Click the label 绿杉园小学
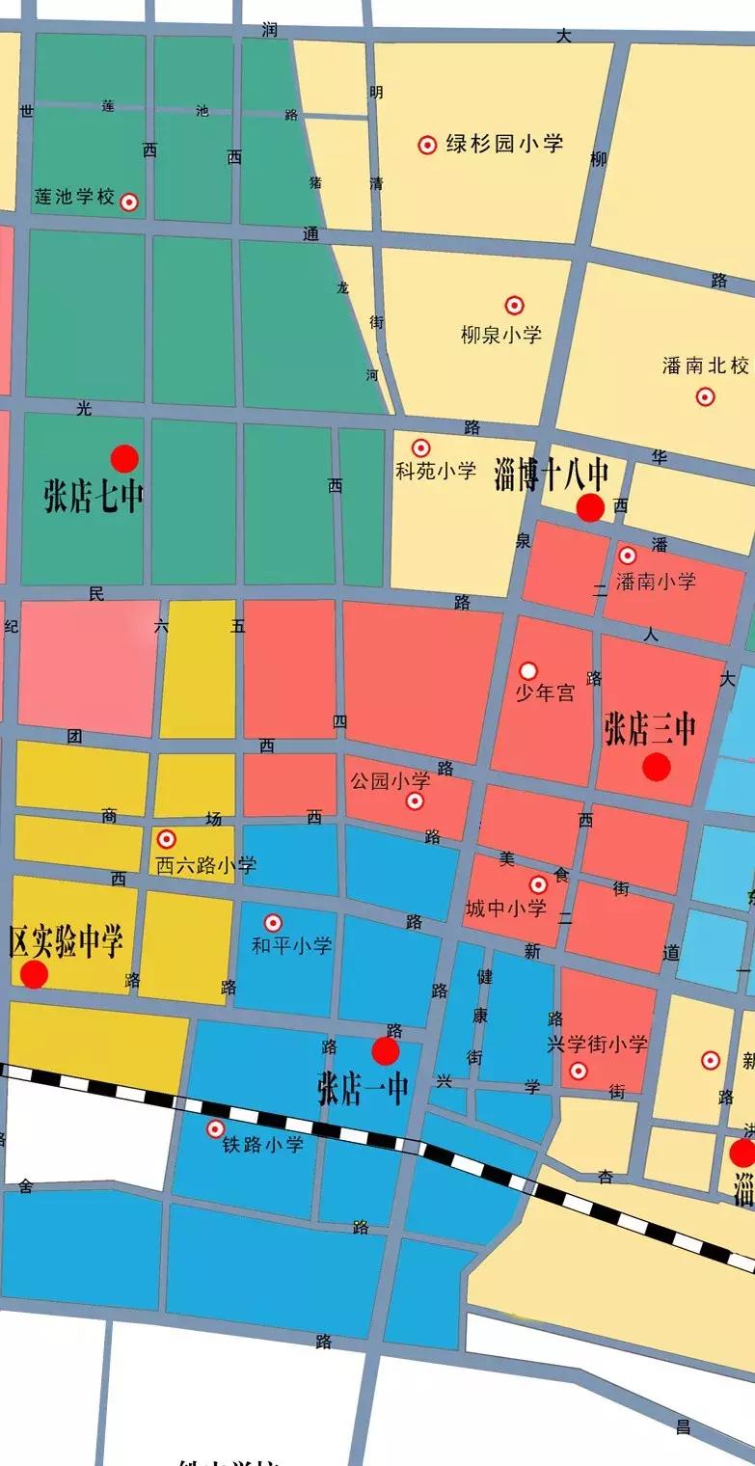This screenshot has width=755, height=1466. coord(504,145)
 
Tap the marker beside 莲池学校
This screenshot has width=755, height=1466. coord(128,202)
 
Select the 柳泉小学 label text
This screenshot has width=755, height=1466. coord(500,335)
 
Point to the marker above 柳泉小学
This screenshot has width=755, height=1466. coord(515,306)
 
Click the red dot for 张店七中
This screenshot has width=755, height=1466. coord(124,459)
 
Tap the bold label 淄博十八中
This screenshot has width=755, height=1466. coord(552,475)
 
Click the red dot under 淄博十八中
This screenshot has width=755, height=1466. coord(590,507)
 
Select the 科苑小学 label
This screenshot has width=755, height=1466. coord(436,472)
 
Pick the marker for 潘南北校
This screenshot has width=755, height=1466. coord(706,396)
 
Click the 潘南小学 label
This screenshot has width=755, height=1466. coord(656,581)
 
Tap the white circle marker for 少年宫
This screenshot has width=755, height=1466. coord(528,670)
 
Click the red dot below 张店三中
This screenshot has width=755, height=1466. coord(657,767)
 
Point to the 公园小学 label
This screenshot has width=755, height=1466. coord(390,780)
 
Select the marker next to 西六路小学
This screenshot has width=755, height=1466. coord(167,839)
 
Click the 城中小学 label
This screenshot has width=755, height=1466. coord(505,908)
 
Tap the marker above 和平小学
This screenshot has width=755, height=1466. coord(274,923)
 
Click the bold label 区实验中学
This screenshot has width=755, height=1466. coord(66,941)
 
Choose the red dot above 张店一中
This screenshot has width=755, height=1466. coord(386,1051)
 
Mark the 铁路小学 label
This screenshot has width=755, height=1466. coord(263,1145)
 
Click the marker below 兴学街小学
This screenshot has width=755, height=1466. coord(579,1071)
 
